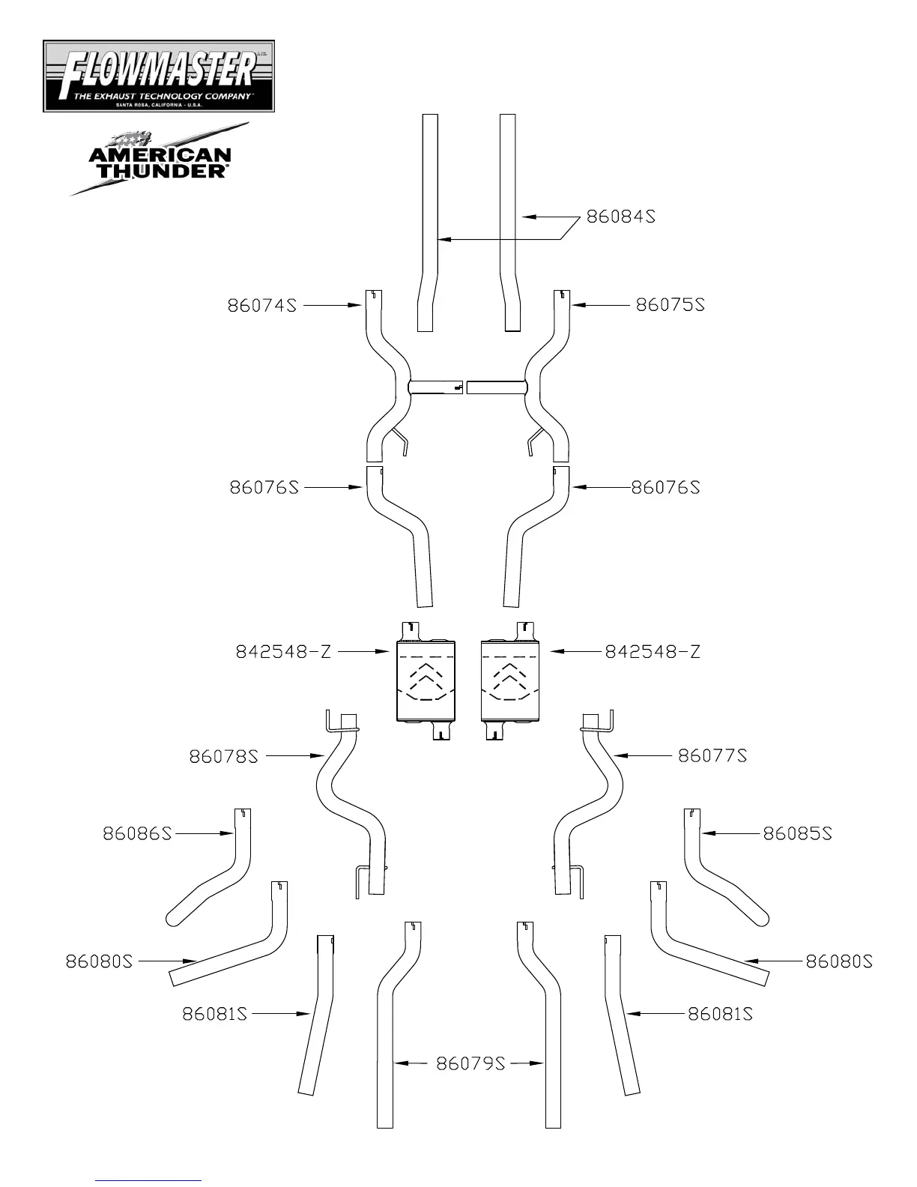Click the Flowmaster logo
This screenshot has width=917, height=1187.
pos(159,76)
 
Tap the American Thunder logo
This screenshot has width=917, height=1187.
pos(160,160)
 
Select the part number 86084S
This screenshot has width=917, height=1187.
pos(620,217)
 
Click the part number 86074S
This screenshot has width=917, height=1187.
pos(262,306)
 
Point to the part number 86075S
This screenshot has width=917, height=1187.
pos(671,305)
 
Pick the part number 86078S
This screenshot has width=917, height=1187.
pos(223,756)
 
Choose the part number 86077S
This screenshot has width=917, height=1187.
pos(712,755)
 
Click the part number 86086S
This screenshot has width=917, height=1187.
pos(137,833)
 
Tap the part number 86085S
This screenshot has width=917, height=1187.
pos(798,833)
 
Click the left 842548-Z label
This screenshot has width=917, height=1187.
pos(283,652)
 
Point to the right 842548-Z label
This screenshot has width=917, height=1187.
pos(653,652)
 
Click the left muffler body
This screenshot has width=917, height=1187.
pos(426,680)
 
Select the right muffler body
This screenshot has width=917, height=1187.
pos(510,680)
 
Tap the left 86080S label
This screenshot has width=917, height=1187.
pos(99,961)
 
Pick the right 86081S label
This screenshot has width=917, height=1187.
pos(720,1014)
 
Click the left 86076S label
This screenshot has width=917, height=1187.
pos(264,487)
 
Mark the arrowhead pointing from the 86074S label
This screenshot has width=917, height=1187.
pos(359,306)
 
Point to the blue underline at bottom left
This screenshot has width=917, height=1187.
pos(148,1181)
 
